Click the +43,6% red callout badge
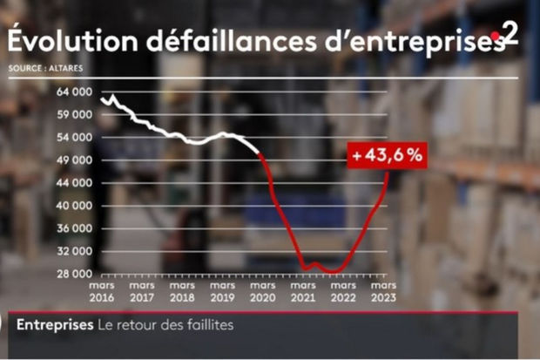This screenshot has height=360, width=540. (x=387, y=156)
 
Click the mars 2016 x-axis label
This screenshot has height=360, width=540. (x=101, y=290)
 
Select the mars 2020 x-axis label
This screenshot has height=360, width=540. (x=262, y=290)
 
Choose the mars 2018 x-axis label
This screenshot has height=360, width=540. (x=181, y=290)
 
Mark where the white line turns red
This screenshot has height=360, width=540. (x=260, y=154)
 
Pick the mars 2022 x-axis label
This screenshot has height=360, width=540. (x=343, y=290)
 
